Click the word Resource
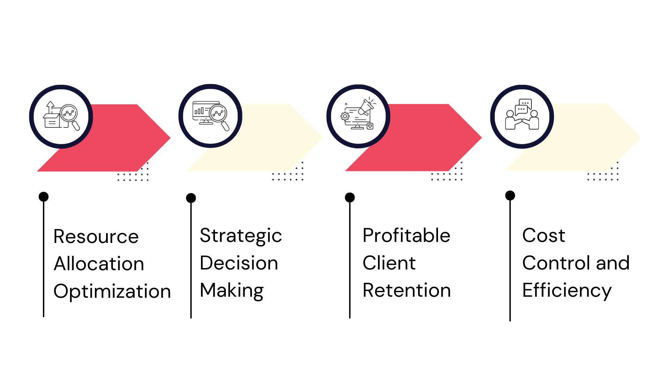pos(96,237)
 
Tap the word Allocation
pos(99,264)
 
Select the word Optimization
pos(112,292)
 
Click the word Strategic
pos(241,236)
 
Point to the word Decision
pos(239,263)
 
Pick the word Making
pos(232,291)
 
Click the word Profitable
pos(407,235)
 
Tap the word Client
pos(389,263)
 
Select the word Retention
pos(407,290)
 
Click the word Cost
pos(544,235)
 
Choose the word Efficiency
pos(567,291)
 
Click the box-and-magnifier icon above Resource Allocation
pos(61,116)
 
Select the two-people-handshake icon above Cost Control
pos(522,114)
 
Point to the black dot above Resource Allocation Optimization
pos(44,197)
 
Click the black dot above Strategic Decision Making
pos(191,198)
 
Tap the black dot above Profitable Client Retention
pos(350,197)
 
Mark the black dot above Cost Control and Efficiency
pos(510,195)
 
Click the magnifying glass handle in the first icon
pos(76,126)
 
